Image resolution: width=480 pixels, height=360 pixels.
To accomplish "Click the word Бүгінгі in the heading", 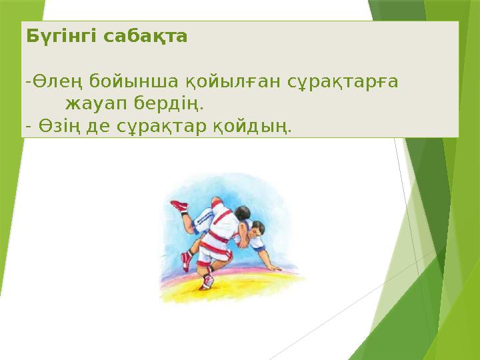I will (x=52, y=37).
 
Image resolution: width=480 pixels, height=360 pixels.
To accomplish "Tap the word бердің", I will (x=169, y=104).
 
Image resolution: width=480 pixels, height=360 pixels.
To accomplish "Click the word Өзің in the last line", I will (x=59, y=125).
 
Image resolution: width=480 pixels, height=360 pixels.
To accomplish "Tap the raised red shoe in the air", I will (x=179, y=206).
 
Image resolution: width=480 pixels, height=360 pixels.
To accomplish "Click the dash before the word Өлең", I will (x=27, y=82).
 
